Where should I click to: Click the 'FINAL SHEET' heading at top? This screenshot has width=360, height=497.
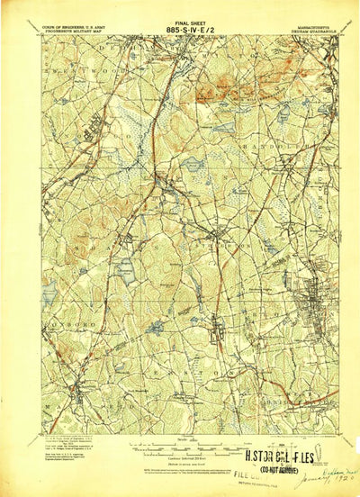(x=180, y=16)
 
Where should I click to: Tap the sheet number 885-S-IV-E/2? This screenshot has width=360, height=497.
(x=180, y=25)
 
